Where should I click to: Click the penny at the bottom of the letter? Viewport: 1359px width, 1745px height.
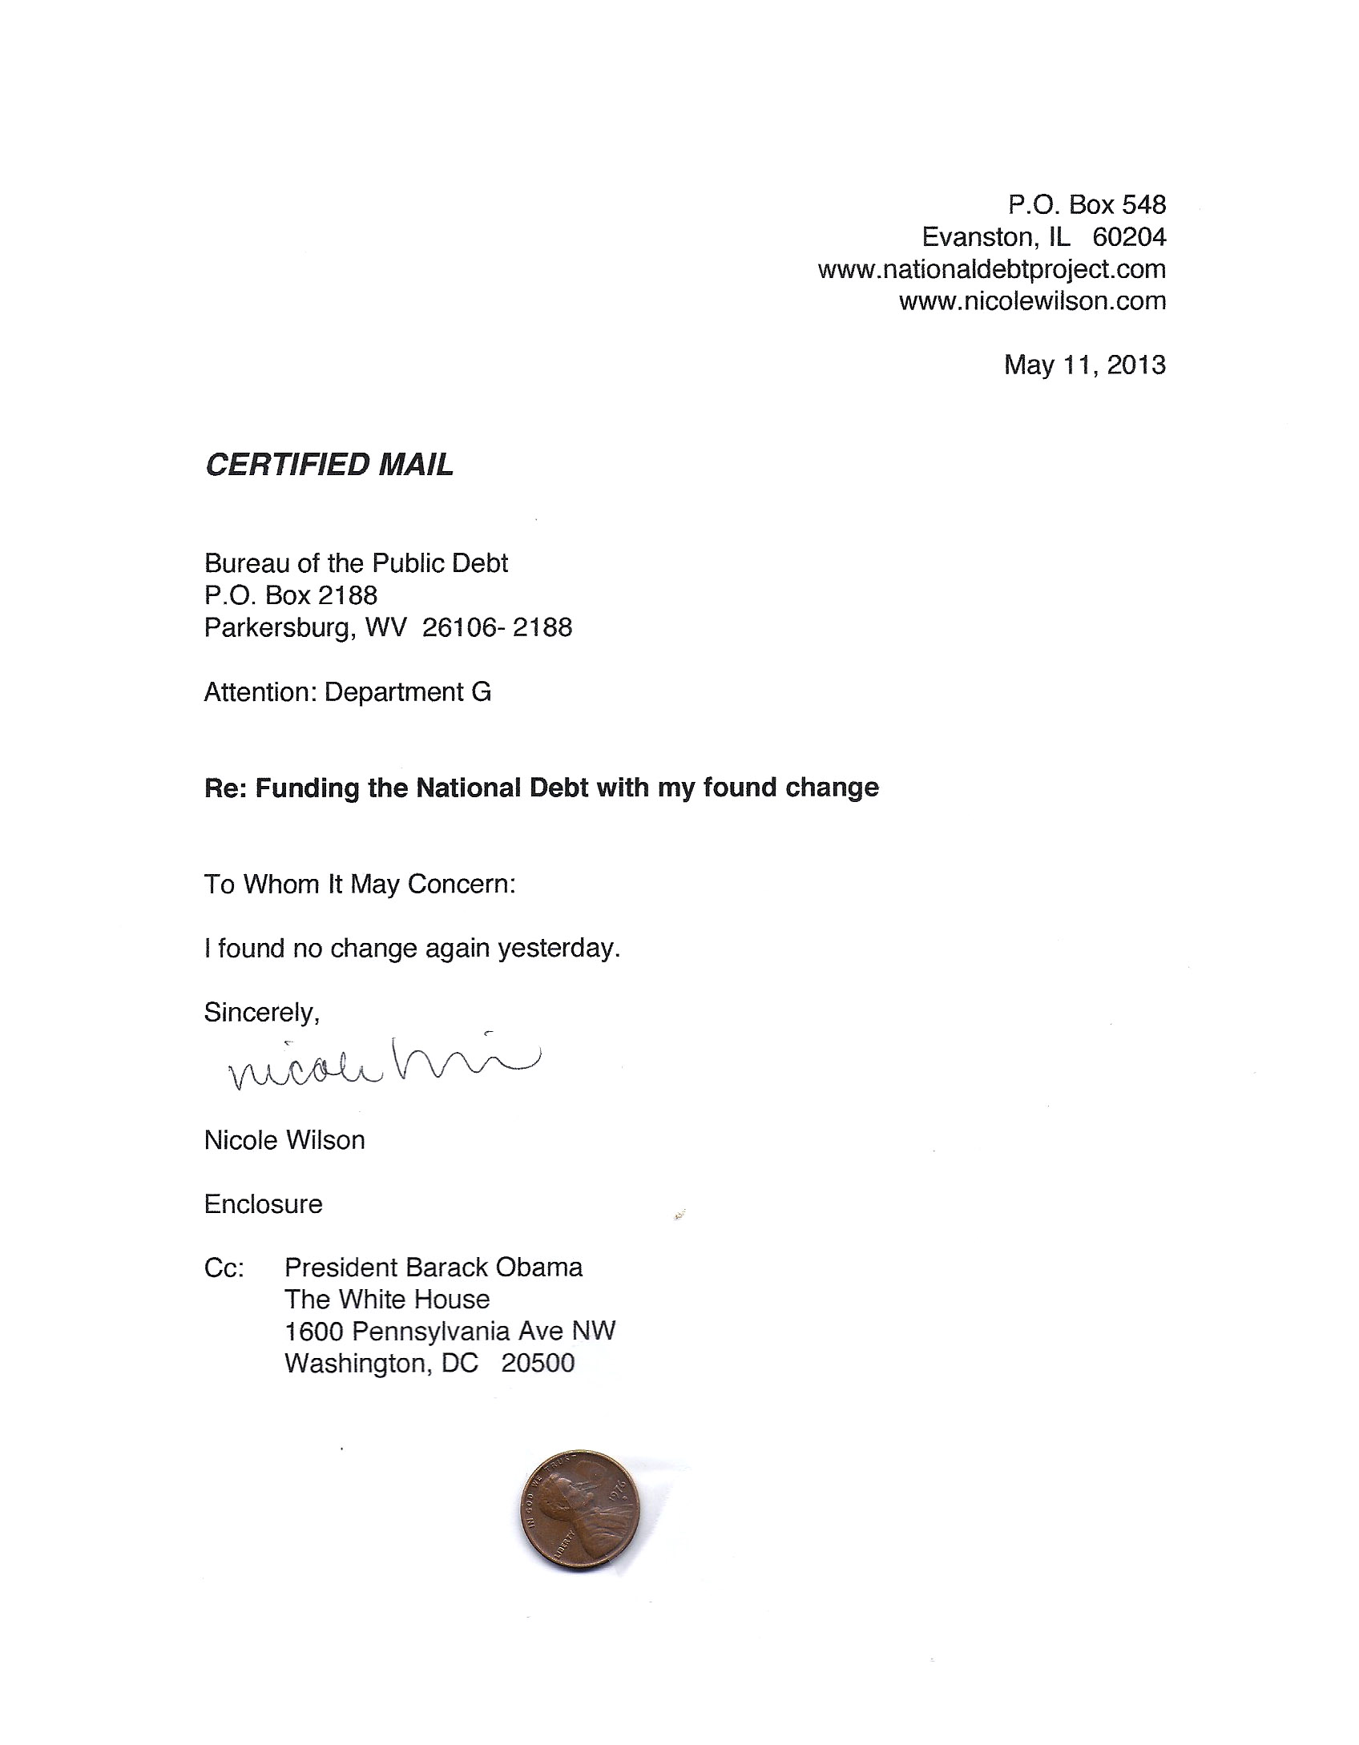tap(580, 1511)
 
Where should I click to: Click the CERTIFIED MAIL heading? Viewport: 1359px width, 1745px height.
tap(329, 465)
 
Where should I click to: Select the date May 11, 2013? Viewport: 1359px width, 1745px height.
tap(1084, 365)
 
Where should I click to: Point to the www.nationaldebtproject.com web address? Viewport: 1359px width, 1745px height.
tap(991, 269)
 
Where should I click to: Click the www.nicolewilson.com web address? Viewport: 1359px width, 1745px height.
tap(1032, 301)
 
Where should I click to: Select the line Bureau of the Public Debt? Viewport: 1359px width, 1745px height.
tap(356, 563)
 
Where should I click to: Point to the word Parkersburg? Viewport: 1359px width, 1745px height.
tap(278, 627)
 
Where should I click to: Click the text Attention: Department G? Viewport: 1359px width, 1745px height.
tap(347, 691)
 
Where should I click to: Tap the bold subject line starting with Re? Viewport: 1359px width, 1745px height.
tap(541, 788)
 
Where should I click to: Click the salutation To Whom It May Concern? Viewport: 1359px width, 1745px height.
tap(360, 884)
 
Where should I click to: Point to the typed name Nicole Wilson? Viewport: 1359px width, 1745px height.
tap(284, 1140)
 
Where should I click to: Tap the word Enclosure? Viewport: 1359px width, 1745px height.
tap(263, 1204)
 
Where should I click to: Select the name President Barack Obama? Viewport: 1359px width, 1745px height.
tap(434, 1267)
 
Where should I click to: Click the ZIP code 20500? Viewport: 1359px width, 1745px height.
tap(538, 1364)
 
